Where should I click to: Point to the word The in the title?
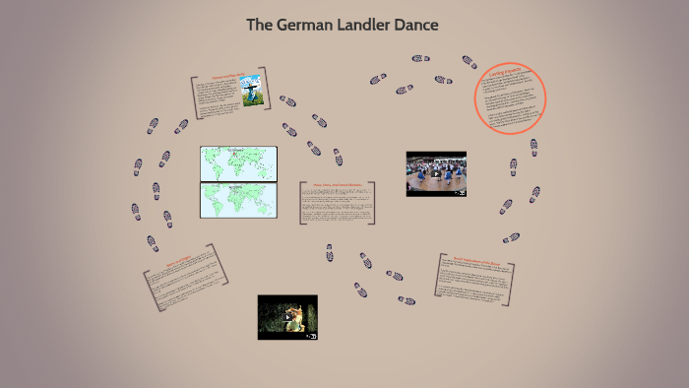coord(260,24)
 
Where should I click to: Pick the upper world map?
coord(239,163)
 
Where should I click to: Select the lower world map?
coord(239,200)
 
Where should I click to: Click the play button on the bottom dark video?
coord(287,317)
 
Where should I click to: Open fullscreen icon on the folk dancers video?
coord(460,192)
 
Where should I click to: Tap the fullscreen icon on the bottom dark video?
coord(311,336)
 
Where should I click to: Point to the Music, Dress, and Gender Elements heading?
coord(339,184)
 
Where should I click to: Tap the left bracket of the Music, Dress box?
coord(301,202)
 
